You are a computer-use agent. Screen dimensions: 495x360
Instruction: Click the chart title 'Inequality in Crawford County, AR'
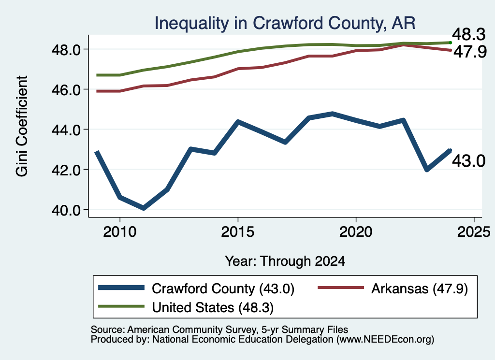pos(285,23)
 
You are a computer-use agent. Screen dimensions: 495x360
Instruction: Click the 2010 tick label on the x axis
pos(120,232)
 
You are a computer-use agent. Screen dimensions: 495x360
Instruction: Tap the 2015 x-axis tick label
pos(238,232)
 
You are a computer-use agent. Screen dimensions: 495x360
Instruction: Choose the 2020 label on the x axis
pos(356,232)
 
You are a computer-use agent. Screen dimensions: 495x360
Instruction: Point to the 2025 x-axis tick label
pos(474,232)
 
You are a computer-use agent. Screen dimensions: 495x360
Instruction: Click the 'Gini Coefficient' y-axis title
pos(22,126)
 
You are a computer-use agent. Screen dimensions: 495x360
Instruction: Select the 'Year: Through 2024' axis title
pos(285,261)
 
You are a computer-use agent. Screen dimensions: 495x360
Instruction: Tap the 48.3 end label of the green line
pos(469,34)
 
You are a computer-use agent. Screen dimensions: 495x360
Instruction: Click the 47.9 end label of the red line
pos(470,51)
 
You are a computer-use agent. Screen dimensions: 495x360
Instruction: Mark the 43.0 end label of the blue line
pos(469,161)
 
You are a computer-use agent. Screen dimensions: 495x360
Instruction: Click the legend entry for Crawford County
pos(196,288)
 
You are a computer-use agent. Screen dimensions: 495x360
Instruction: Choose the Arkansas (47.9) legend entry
pos(393,288)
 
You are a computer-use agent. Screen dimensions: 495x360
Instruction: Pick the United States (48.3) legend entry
pos(186,307)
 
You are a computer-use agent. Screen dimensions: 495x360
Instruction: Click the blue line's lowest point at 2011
pos(143,208)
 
